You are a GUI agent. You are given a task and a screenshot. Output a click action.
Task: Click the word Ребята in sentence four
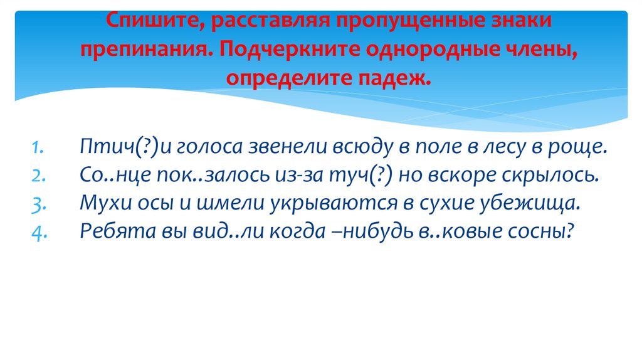coord(110,231)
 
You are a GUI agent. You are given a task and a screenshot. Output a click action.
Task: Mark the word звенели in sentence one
coord(283,147)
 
